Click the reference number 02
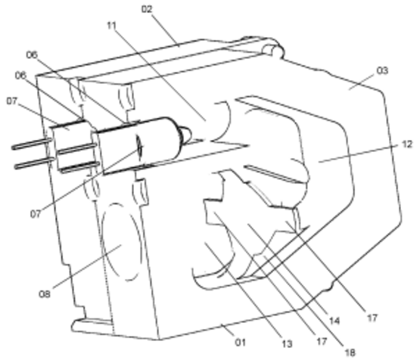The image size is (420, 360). [x=147, y=10]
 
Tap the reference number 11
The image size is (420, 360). [x=112, y=26]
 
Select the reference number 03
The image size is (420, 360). [x=382, y=71]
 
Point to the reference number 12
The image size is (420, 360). [x=407, y=144]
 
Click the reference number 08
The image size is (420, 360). [x=45, y=294]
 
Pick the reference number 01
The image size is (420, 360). [x=240, y=343]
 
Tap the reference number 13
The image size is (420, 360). [x=287, y=344]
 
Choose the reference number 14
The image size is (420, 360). [x=334, y=321]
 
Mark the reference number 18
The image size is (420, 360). [x=350, y=352]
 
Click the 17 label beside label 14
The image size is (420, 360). [x=372, y=318]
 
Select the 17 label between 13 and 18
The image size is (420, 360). [x=322, y=341]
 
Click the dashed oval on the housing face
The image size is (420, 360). [x=122, y=242]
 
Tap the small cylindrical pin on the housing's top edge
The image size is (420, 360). [x=272, y=50]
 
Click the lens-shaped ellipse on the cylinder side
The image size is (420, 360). [x=140, y=147]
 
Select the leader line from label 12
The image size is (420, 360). [x=359, y=154]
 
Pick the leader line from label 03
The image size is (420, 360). [x=362, y=82]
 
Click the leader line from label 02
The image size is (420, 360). [x=165, y=29]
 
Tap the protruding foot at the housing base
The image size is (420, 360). [x=91, y=324]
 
